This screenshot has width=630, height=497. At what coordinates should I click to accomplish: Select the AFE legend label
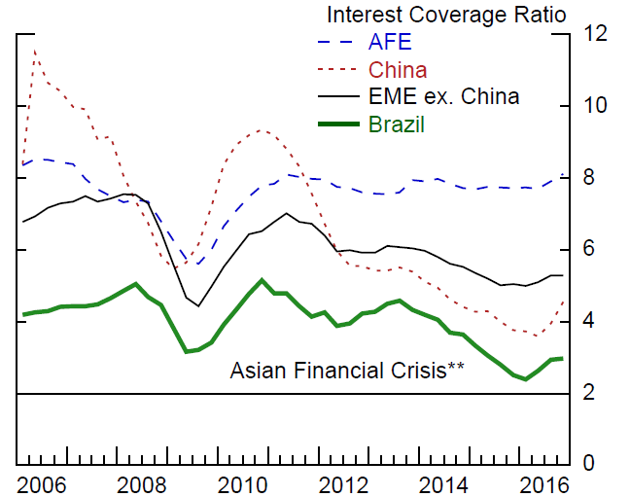coord(389,43)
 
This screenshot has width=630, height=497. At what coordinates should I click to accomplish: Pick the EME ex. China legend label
coord(443,97)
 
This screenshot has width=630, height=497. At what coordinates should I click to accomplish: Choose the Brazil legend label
coord(397,124)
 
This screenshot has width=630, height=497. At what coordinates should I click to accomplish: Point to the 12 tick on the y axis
coord(594,33)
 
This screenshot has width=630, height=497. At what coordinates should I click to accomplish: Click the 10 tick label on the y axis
coord(594,105)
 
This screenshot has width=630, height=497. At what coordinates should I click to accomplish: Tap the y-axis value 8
coord(589,177)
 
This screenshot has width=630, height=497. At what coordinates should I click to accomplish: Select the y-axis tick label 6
coord(589,249)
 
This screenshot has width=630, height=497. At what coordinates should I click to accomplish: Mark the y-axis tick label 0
coord(589,465)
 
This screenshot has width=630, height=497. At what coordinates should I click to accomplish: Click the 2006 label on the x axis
coord(44,485)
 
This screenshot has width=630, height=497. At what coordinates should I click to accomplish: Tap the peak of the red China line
coord(36,49)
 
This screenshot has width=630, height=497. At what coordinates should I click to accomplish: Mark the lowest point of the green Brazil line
coord(525,378)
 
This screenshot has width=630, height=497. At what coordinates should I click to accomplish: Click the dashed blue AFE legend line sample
coord(337,43)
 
